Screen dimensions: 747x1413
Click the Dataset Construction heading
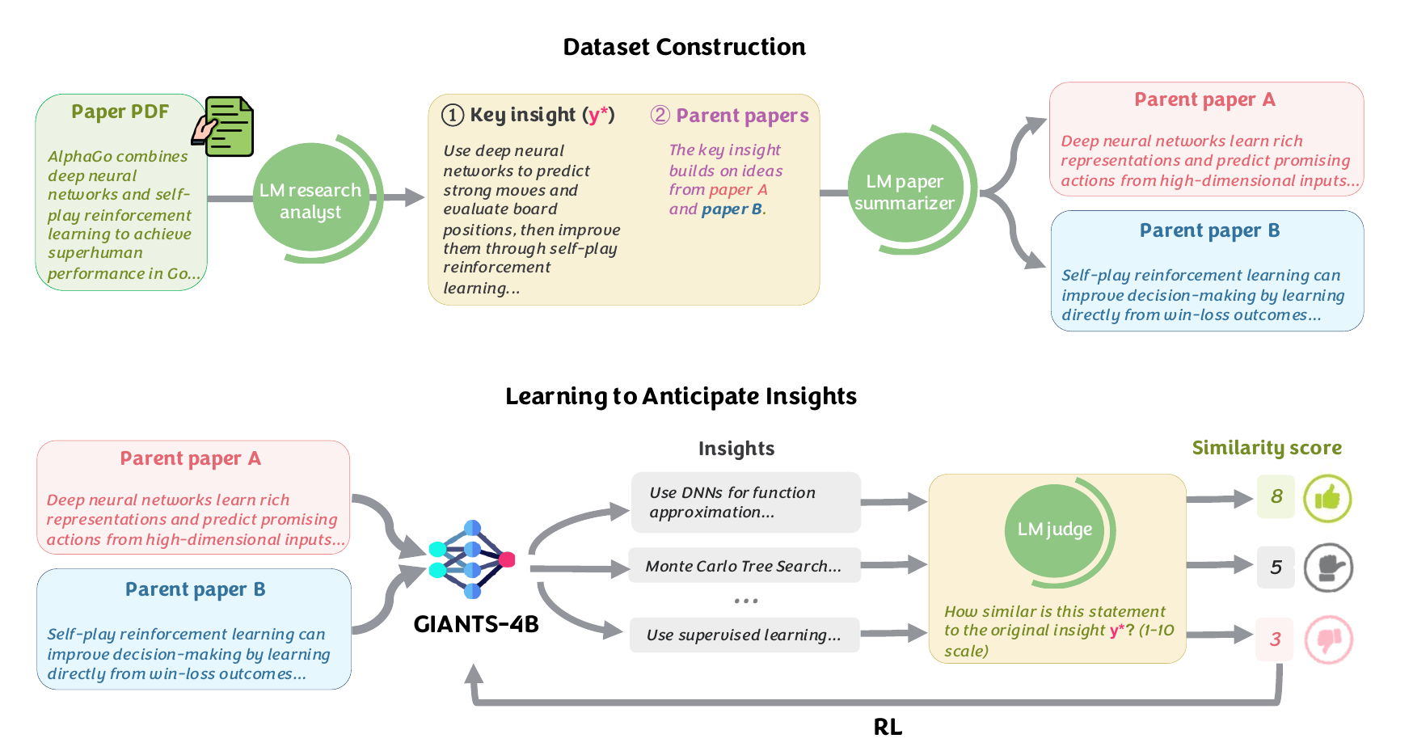[x=684, y=47]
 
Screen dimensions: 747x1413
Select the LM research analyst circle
[x=311, y=200]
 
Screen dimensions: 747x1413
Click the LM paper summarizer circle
[x=905, y=191]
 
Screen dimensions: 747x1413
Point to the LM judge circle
[x=1055, y=530]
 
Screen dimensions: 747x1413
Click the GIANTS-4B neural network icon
[x=473, y=559]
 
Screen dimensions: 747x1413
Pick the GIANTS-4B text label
[x=475, y=624]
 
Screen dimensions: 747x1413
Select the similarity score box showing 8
[x=1276, y=496]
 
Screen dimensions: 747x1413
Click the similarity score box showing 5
[x=1276, y=567]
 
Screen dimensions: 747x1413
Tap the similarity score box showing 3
[x=1275, y=639]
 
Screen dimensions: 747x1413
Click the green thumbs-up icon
[x=1327, y=498]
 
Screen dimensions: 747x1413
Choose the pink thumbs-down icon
[x=1328, y=639]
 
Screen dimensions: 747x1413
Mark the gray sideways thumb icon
[x=1328, y=568]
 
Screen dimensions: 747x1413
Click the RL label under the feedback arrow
[x=888, y=727]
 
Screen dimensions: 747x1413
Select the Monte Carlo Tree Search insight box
[x=744, y=566]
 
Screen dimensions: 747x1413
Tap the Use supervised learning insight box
[x=744, y=635]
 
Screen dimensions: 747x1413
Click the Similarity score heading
[x=1267, y=448]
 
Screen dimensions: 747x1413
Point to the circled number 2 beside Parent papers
[x=660, y=115]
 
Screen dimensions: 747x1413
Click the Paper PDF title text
[x=120, y=112]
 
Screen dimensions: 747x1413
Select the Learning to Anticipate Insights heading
[x=681, y=396]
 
